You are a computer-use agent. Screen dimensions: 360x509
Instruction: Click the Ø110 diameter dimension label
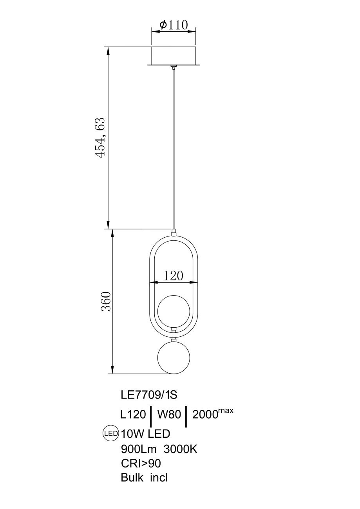174,25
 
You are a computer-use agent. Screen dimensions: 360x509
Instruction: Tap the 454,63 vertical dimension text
100,137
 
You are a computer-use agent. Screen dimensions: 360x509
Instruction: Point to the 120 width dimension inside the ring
173,276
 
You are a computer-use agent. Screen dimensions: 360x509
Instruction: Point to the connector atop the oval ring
174,233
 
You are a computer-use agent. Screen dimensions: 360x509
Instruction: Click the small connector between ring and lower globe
174,340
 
